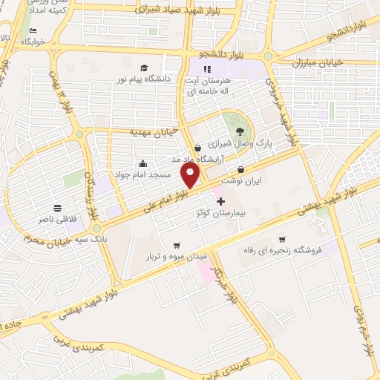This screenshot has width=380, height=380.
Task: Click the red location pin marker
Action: click(191, 176)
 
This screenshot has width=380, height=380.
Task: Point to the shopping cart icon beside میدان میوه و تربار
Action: click(177, 245)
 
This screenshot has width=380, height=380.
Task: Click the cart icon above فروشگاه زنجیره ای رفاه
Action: click(282, 239)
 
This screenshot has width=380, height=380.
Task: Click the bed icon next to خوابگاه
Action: click(34, 30)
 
